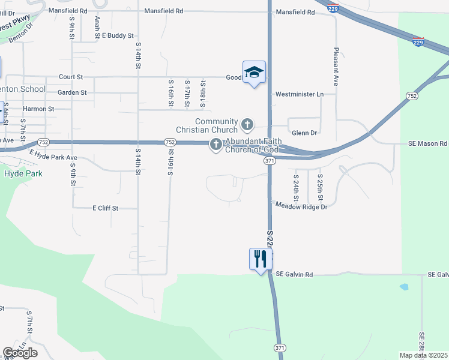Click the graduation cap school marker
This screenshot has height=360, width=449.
[x=254, y=73]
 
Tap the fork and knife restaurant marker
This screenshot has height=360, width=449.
[x=261, y=259]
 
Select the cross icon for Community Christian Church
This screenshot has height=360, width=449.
[x=247, y=125]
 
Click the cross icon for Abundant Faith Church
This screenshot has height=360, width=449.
[x=215, y=145]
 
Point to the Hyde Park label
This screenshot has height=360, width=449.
[x=21, y=174]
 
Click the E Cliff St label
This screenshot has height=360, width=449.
[x=106, y=208]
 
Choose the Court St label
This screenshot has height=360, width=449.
[x=71, y=77]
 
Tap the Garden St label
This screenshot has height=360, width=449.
[x=72, y=92]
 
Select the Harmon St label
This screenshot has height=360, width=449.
[x=38, y=109]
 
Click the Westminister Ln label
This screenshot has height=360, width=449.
[x=299, y=94]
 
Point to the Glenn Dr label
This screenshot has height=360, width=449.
[x=304, y=133]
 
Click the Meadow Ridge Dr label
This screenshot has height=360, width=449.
[x=301, y=206]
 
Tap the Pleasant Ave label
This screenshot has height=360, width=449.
[x=336, y=67]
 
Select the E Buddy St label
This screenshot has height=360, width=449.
[x=118, y=36]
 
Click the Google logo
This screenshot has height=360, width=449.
[x=20, y=353]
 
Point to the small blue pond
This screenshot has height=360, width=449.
[x=403, y=287]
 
